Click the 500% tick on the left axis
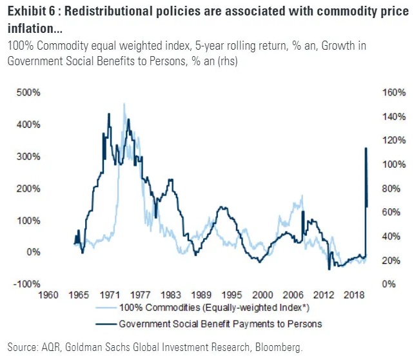point(30,92)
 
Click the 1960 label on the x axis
point(49,295)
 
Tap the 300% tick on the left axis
point(30,156)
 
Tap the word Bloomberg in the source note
point(277,348)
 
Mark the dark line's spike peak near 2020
point(366,148)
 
